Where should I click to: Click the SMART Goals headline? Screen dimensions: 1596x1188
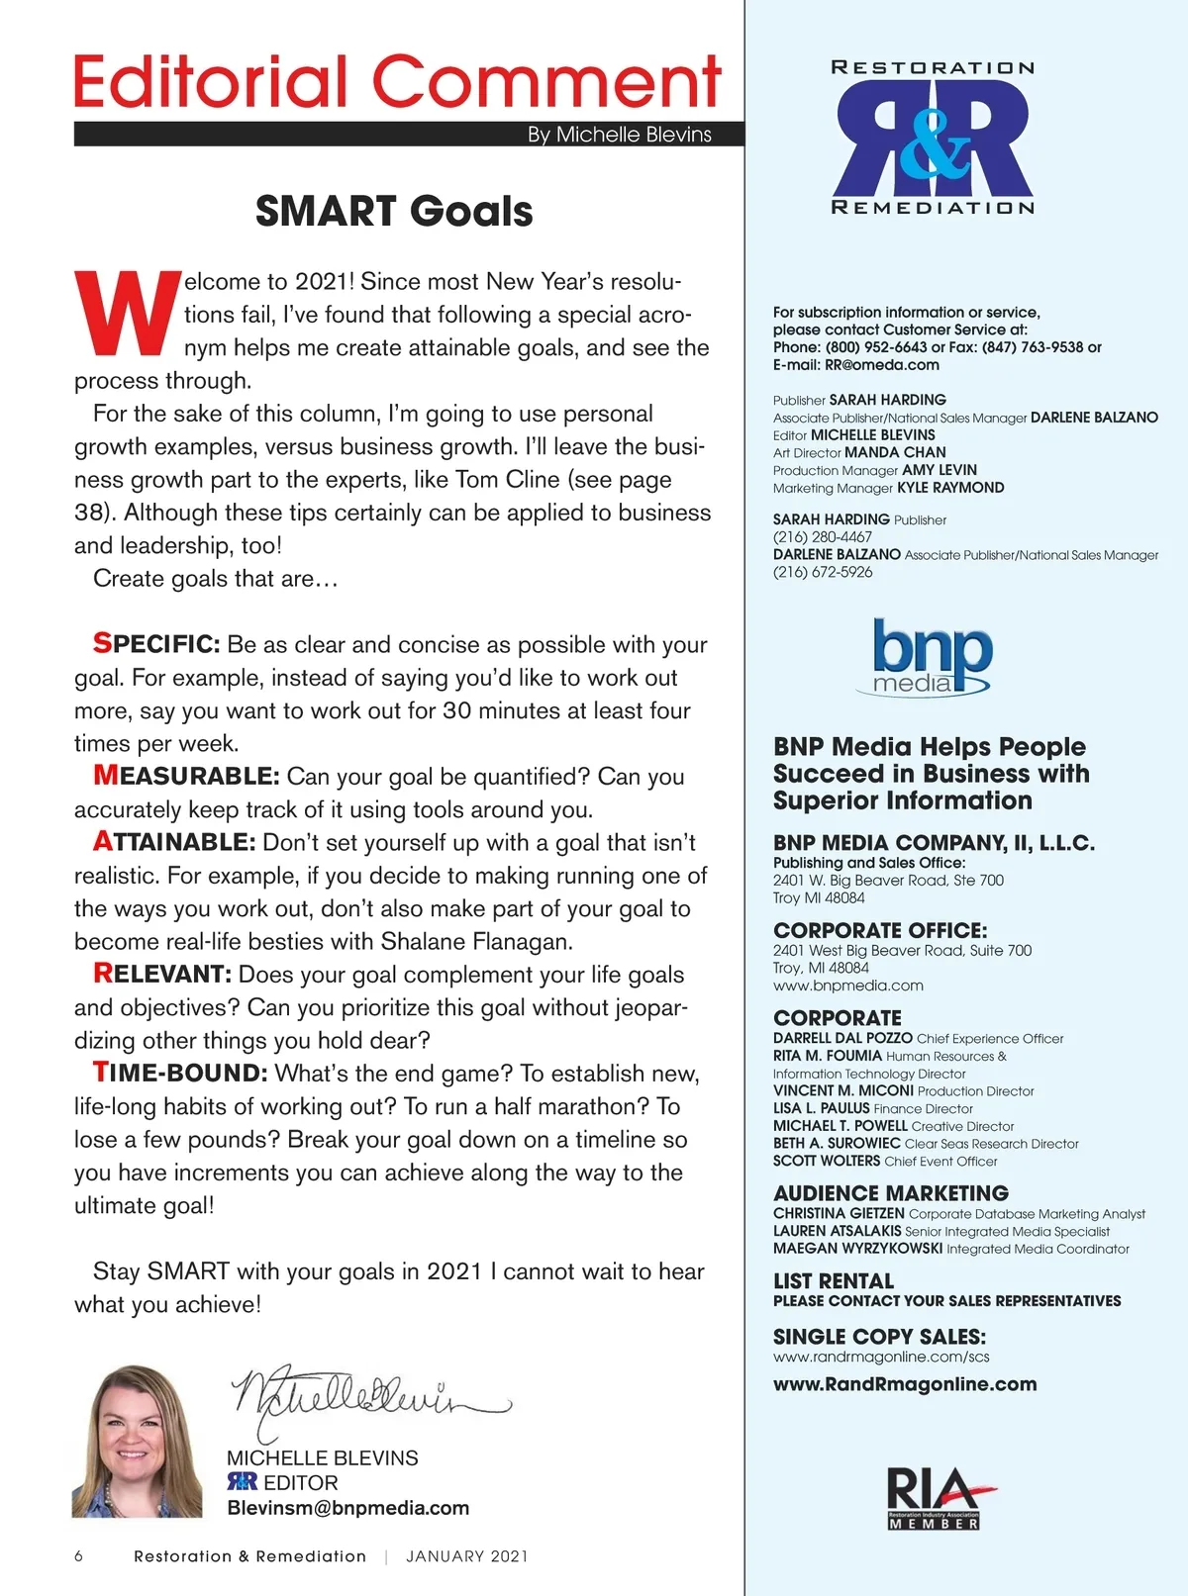pos(394,212)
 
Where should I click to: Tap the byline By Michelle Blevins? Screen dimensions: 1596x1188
pos(619,135)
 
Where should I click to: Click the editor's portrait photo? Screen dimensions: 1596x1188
pos(137,1442)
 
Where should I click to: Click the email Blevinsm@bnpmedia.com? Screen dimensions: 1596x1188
pos(348,1508)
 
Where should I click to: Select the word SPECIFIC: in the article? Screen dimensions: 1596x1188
pos(156,644)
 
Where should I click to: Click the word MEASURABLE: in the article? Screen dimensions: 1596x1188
pos(186,776)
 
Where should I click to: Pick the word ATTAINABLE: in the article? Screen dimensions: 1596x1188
pos(174,842)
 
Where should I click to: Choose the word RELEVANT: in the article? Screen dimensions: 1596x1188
pos(162,974)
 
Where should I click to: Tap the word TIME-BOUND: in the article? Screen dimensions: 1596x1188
pos(180,1074)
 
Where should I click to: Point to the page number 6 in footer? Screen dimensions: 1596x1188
pos(79,1556)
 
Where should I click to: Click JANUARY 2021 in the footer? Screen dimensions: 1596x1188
pos(467,1556)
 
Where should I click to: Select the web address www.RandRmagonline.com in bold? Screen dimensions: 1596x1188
pos(905,1384)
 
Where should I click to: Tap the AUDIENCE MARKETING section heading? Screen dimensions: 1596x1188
pos(891,1193)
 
